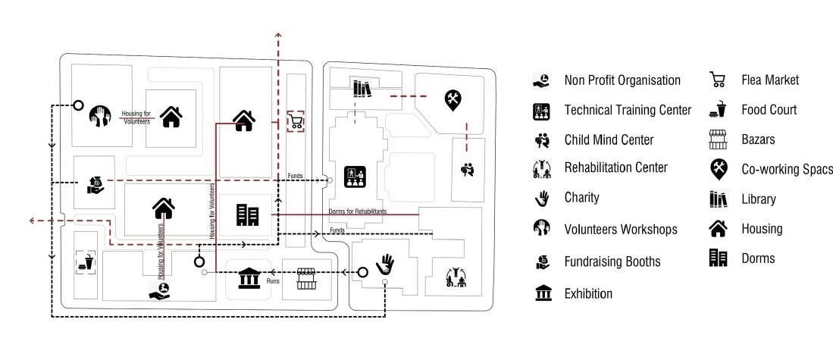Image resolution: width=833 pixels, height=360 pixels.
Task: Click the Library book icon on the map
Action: click(362, 89)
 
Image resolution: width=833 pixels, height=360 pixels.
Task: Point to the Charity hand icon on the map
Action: click(387, 264)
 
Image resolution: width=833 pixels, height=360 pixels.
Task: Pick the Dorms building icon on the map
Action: click(247, 215)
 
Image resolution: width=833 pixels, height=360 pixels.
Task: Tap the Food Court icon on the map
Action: click(85, 263)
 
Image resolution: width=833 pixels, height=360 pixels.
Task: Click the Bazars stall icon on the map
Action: click(305, 277)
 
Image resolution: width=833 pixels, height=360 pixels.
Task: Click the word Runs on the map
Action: click(274, 281)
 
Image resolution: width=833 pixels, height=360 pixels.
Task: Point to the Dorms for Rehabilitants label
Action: click(358, 211)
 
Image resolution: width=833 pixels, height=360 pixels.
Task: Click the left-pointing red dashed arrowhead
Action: click(33, 221)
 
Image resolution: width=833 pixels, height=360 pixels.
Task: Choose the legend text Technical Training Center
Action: click(628, 110)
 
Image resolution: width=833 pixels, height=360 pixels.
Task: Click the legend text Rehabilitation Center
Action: click(616, 167)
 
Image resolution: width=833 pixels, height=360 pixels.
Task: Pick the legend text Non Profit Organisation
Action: click(622, 80)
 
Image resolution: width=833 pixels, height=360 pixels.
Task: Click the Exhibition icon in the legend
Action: click(543, 293)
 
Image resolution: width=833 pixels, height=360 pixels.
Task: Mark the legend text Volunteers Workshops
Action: click(621, 228)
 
